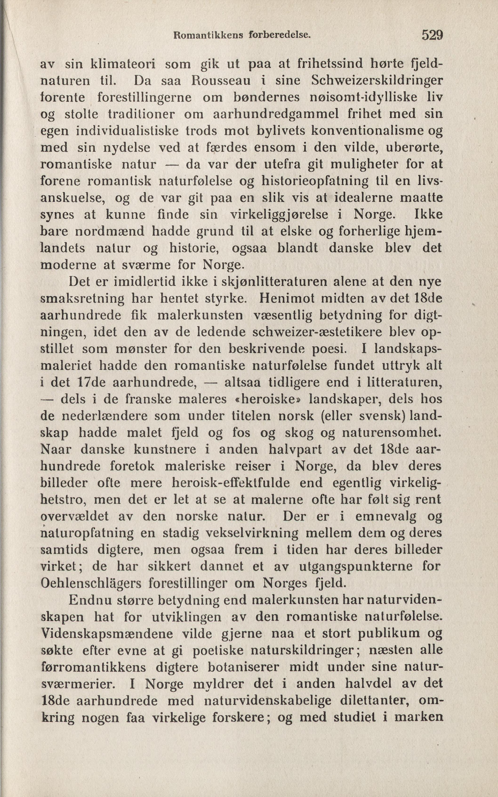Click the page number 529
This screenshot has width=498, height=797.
(x=432, y=35)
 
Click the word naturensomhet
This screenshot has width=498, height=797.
(x=392, y=433)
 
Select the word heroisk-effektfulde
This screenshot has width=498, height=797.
(x=231, y=483)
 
